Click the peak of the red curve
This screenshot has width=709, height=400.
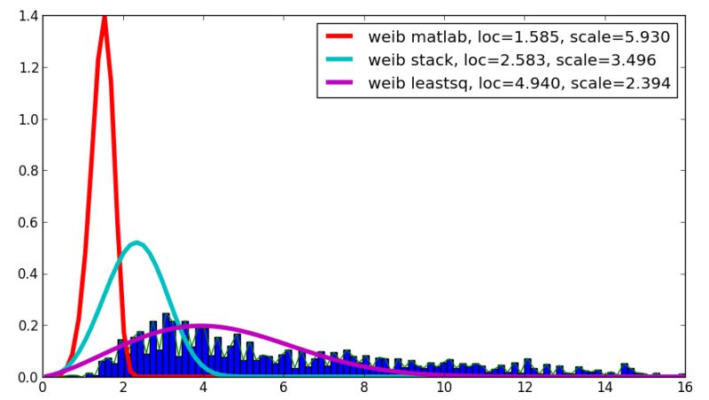click(x=105, y=18)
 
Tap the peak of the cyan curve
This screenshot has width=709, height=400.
click(x=136, y=242)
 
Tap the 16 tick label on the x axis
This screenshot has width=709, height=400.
click(x=683, y=388)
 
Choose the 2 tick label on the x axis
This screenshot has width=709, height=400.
click(x=123, y=388)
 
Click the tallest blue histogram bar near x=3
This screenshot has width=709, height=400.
click(x=166, y=345)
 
